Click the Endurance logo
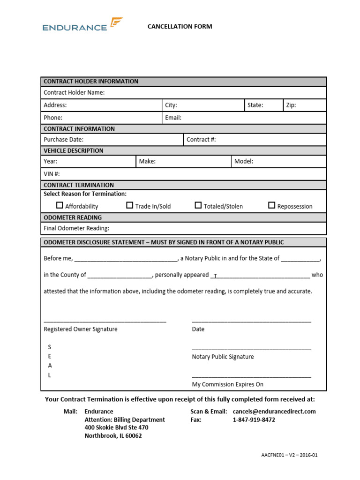pyautogui.click(x=82, y=25)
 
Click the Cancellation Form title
pyautogui.click(x=180, y=26)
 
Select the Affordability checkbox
pyautogui.click(x=60, y=205)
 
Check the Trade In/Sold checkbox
pyautogui.click(x=130, y=205)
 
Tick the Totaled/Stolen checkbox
pyautogui.click(x=198, y=205)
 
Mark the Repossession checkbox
pyautogui.click(x=271, y=205)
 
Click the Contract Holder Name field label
pyautogui.click(x=74, y=93)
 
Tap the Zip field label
pyautogui.click(x=291, y=105)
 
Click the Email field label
pyautogui.click(x=173, y=118)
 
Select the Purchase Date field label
pyautogui.click(x=63, y=140)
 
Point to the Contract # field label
pyautogui.click(x=201, y=140)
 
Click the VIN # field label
pyautogui.click(x=52, y=174)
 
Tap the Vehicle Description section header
pyautogui.click(x=73, y=150)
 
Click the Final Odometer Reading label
pyautogui.click(x=76, y=228)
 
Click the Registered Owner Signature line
pyautogui.click(x=105, y=321)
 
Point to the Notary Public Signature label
pyautogui.click(x=223, y=357)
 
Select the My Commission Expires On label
pyautogui.click(x=227, y=384)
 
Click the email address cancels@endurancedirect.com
pyautogui.click(x=274, y=412)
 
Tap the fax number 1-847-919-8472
pyautogui.click(x=254, y=420)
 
